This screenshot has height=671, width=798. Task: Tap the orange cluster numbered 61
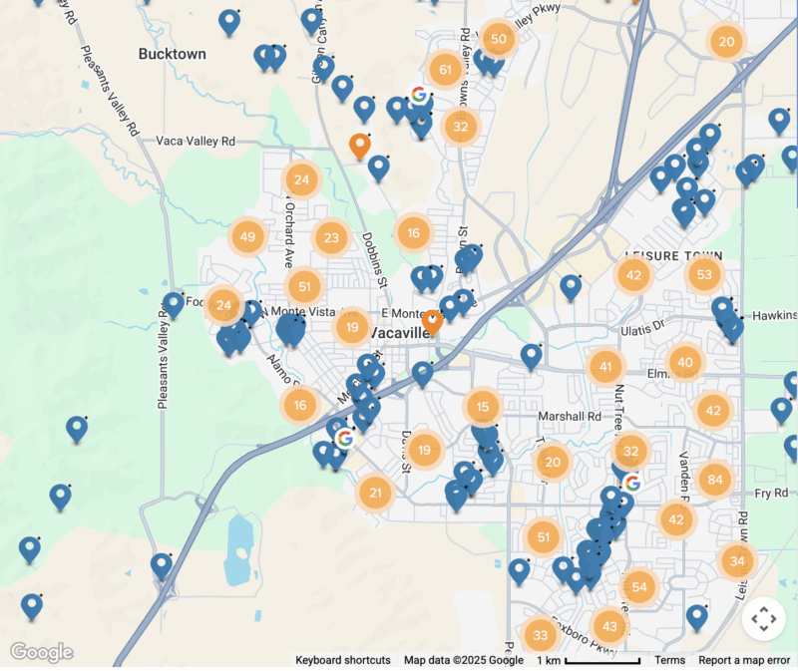point(444,70)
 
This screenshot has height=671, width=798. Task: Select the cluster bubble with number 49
point(247,237)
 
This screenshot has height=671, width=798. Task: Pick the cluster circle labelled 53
point(704,274)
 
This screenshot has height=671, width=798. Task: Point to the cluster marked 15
point(483,407)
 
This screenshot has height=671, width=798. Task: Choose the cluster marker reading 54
point(638,587)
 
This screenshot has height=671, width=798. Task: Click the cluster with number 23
point(332,238)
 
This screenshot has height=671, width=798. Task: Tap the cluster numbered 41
point(604,367)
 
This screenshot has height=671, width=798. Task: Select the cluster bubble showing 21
point(375,492)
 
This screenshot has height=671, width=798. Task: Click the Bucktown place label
point(173,54)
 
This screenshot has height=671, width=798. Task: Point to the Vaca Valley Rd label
point(196,143)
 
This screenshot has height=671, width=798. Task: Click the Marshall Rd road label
point(567,416)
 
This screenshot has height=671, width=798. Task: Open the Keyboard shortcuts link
point(343,660)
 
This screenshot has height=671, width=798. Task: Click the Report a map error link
point(744,660)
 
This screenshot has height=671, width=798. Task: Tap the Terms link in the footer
point(669,660)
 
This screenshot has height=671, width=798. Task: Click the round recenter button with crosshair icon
point(764,619)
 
